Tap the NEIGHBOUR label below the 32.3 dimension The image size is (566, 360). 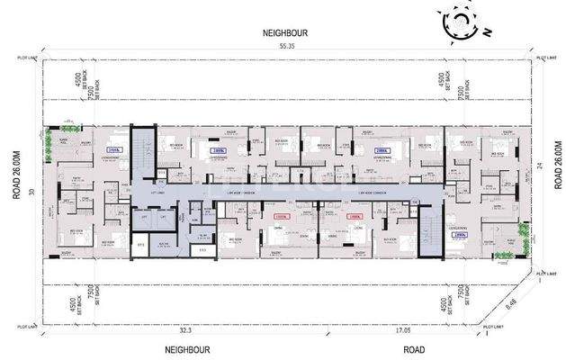pos(187,348)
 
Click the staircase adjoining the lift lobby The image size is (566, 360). pos(142,152)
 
